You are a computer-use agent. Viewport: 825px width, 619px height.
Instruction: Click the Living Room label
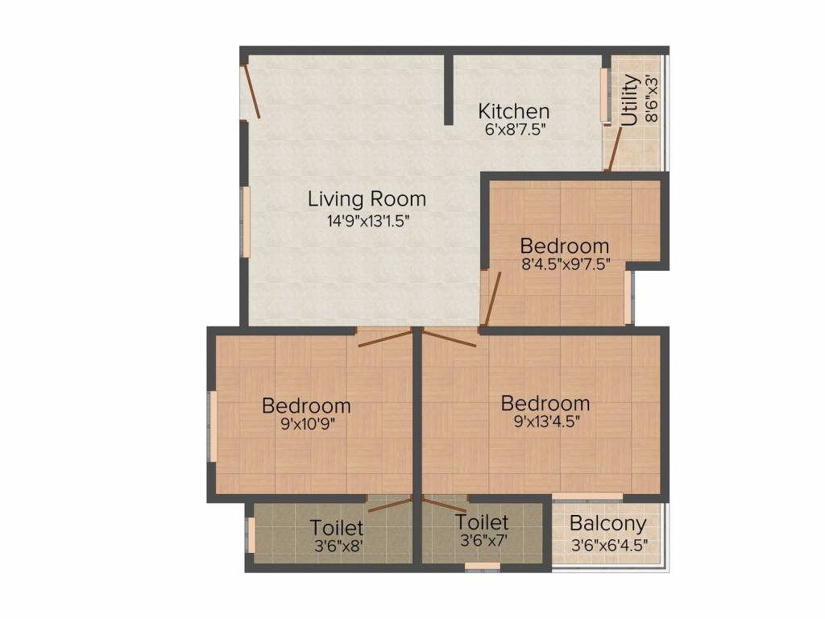(x=367, y=198)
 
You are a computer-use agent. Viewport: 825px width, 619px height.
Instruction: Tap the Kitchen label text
(x=514, y=111)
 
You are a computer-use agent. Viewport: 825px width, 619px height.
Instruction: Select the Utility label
(x=630, y=99)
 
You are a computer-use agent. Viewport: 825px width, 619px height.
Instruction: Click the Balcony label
(x=608, y=524)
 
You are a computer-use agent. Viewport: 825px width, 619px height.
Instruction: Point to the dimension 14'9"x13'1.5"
(x=367, y=222)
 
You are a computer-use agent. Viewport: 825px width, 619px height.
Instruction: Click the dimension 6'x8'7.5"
(x=514, y=130)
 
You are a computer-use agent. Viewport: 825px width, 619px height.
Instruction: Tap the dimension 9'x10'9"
(x=306, y=424)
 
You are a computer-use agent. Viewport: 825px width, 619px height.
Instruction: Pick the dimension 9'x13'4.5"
(x=545, y=421)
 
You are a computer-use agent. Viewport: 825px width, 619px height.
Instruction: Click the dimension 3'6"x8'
(x=337, y=546)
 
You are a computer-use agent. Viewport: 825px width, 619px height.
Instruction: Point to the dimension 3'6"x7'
(x=482, y=540)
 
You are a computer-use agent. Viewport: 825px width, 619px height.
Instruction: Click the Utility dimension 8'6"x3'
(x=652, y=99)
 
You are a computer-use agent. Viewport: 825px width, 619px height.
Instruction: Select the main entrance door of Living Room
(x=251, y=92)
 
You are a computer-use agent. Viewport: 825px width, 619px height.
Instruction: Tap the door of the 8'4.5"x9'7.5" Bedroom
(x=492, y=298)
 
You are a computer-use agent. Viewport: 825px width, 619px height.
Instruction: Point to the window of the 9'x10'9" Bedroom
(x=214, y=426)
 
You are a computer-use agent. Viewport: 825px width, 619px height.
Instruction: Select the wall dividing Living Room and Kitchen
(x=448, y=89)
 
